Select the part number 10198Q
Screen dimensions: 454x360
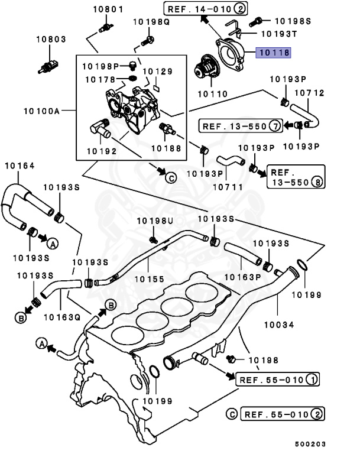click(x=151, y=22)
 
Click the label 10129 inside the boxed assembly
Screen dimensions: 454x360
click(x=160, y=72)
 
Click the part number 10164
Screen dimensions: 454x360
click(x=20, y=165)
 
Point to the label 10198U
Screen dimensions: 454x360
click(x=154, y=221)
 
